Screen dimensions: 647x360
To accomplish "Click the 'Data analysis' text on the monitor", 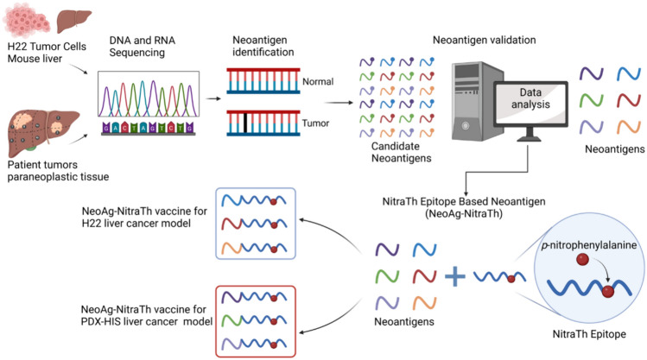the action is (530, 98).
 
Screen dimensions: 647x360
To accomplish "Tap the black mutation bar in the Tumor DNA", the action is (245, 123).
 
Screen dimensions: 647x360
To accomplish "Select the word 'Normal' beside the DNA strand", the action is (318, 82).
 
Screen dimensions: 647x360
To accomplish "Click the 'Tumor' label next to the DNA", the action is (315, 123).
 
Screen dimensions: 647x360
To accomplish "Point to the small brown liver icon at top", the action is (73, 21).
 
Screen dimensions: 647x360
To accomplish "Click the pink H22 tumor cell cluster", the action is (27, 19).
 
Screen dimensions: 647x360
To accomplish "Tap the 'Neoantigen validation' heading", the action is (484, 40).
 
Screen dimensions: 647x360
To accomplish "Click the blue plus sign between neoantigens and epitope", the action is (454, 276).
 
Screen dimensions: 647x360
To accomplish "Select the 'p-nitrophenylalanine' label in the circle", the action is (589, 245).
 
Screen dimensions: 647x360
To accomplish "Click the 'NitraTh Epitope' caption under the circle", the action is (589, 334).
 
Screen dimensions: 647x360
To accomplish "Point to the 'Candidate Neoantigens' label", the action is (401, 152).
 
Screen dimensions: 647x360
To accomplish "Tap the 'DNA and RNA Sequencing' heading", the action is (142, 46).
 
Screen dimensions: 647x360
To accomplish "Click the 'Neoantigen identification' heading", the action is (263, 46).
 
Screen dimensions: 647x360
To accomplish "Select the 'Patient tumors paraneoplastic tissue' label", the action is (58, 171).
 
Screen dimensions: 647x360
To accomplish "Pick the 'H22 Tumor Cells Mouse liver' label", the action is (47, 53).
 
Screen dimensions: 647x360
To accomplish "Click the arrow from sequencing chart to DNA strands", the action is (213, 98).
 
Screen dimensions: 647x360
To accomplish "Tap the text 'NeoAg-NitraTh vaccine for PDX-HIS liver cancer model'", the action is (147, 315).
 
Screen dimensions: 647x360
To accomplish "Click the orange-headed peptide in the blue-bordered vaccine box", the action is (254, 248).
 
